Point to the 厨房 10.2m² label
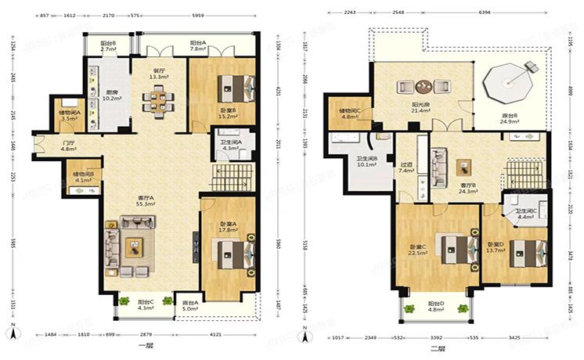coord(112,96)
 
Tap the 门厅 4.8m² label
coord(69,146)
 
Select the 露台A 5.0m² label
coord(189,306)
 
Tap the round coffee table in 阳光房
coord(424,87)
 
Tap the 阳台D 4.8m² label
coord(436,306)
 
